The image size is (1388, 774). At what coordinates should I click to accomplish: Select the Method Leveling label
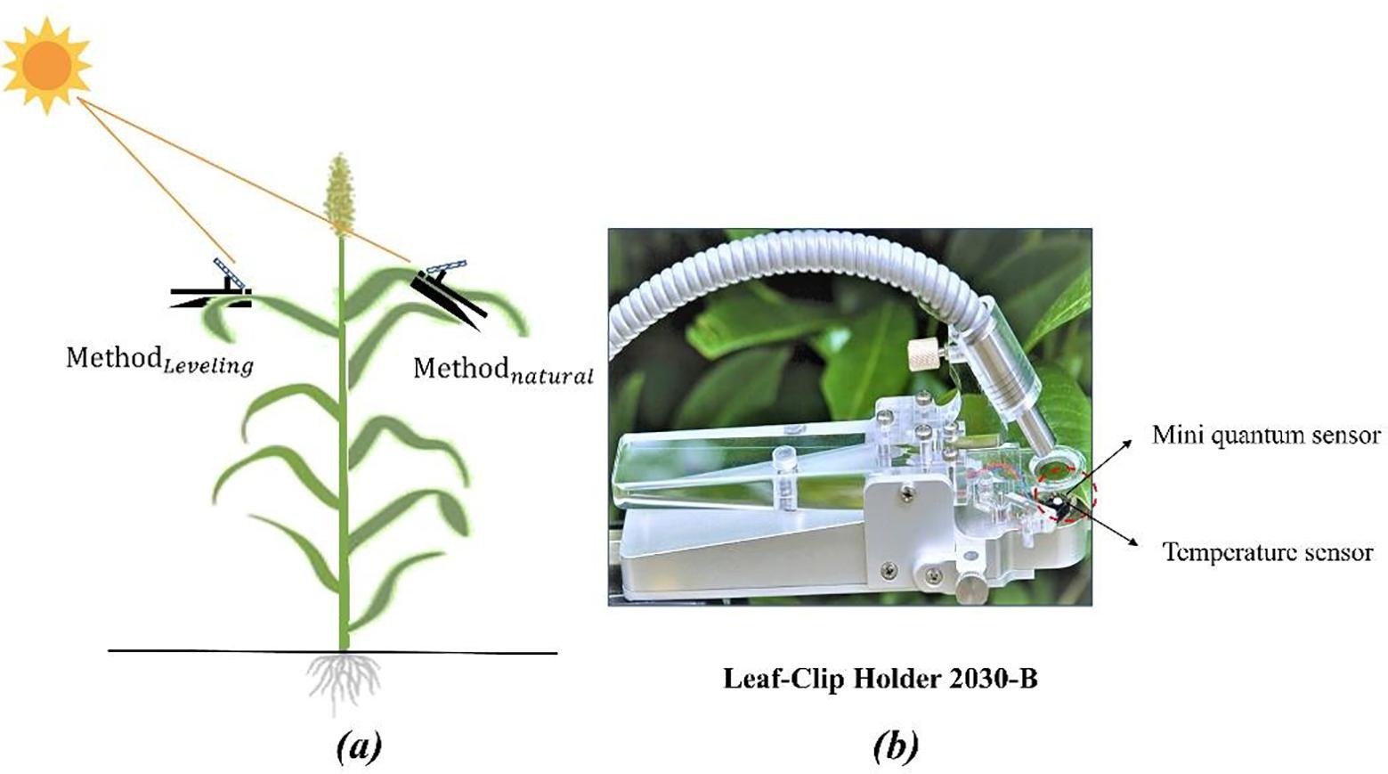158,360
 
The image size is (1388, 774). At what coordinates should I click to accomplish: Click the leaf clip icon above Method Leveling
214,289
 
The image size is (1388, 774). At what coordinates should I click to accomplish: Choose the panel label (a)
360,746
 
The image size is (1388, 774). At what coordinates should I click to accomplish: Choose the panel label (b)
896,746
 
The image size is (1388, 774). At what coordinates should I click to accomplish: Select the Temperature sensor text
1268,552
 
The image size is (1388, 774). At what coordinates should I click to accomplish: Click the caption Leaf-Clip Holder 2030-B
880,680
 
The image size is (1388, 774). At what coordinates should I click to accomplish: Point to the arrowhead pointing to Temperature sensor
1133,542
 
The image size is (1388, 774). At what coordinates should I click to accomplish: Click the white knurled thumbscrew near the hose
921,357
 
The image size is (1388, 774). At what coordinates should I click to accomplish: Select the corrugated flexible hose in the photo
801,258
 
